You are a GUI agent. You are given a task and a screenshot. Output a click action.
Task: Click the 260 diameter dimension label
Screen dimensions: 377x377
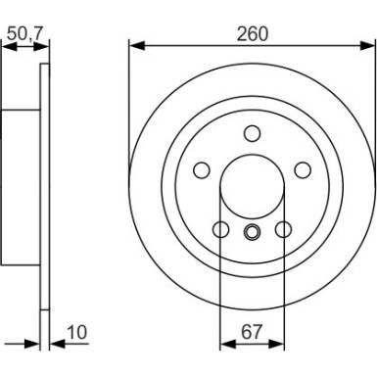pos(252,33)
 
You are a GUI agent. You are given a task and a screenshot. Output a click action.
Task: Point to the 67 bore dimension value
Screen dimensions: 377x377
pos(252,334)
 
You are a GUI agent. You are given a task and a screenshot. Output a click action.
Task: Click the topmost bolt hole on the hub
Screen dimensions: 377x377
pos(252,135)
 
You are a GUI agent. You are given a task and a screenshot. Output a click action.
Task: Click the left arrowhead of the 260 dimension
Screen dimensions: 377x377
pos(135,45)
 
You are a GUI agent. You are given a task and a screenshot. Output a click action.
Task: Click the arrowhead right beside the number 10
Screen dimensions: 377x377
pos(54,346)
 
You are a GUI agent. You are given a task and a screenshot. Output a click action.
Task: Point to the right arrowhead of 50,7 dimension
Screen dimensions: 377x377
pos(42,45)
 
